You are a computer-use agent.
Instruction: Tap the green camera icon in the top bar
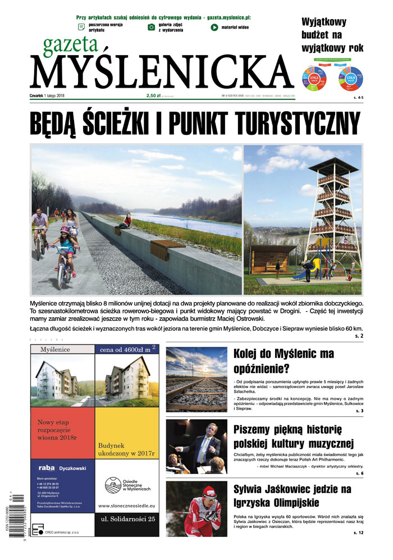coord(151,27)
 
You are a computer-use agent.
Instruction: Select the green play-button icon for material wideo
coord(214,27)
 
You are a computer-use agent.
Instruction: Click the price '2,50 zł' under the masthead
coord(154,95)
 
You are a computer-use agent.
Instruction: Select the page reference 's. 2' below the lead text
coord(359,335)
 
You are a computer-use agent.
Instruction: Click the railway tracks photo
coord(196,380)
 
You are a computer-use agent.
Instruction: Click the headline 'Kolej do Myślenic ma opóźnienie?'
coord(284,361)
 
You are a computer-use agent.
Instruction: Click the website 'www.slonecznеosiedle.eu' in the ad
coord(127,506)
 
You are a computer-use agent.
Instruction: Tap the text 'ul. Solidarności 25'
coord(127,525)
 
